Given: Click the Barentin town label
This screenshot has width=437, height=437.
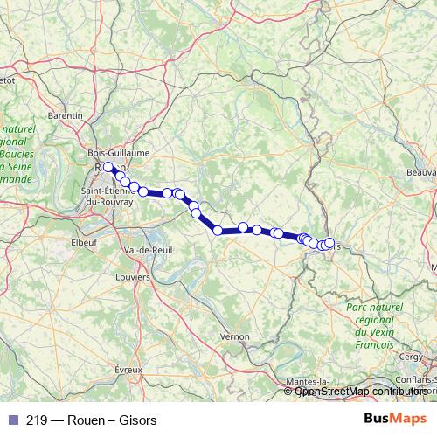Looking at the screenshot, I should pyautogui.click(x=66, y=114).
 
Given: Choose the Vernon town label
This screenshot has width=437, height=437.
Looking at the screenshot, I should pyautogui.click(x=235, y=336).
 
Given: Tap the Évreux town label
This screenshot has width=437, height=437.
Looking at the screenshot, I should pyautogui.click(x=128, y=370).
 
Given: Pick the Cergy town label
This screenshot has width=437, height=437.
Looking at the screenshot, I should pyautogui.click(x=410, y=356).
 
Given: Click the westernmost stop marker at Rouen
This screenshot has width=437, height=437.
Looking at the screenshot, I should pyautogui.click(x=108, y=167).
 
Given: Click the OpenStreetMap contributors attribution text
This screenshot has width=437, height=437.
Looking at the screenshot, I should pyautogui.click(x=361, y=392).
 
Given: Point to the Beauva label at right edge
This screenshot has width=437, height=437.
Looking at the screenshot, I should pyautogui.click(x=420, y=172).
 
